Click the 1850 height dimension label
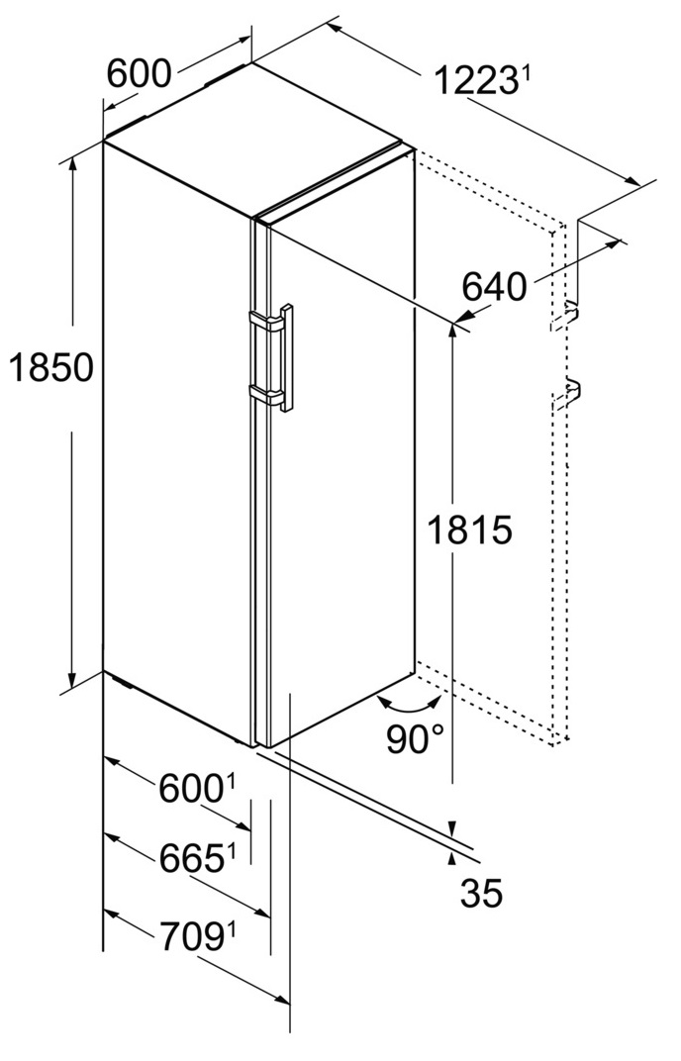(50, 368)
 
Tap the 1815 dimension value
(469, 530)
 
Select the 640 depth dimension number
(494, 288)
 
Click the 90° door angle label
(416, 738)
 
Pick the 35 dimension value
(481, 893)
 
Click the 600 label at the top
(140, 73)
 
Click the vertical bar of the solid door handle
(287, 358)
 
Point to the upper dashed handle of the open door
(565, 318)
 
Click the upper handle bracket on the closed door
(266, 321)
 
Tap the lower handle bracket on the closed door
(266, 395)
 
